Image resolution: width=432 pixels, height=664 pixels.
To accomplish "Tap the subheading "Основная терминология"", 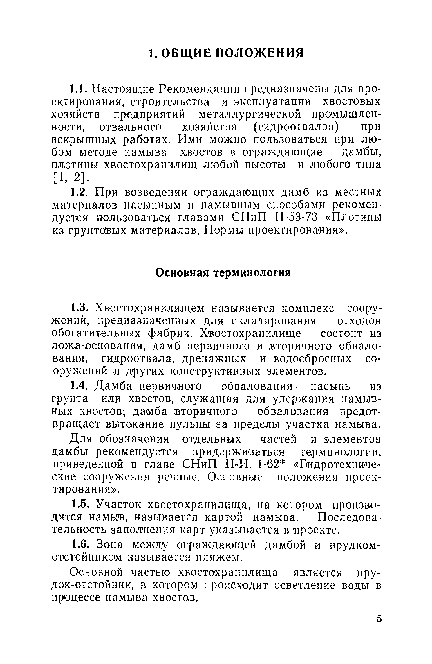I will (x=223, y=273).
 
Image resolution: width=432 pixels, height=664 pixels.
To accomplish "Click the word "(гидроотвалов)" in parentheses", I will (x=294, y=127).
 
